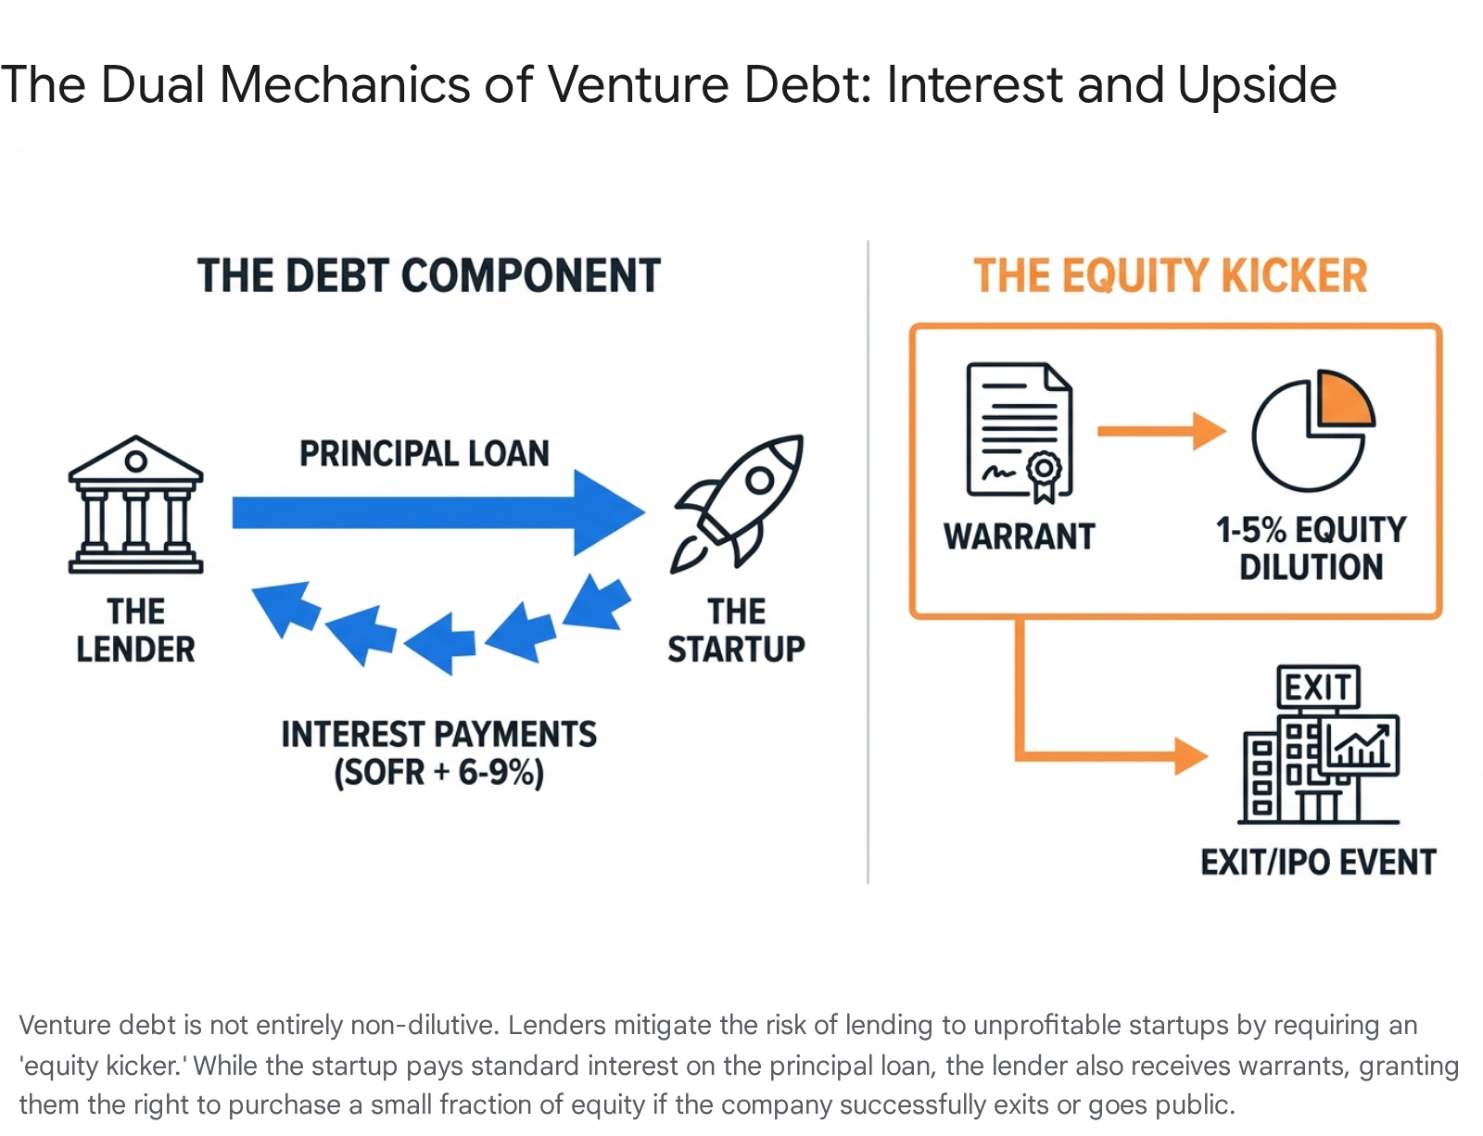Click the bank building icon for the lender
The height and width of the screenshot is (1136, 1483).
click(x=136, y=504)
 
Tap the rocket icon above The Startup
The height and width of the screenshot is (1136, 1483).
click(x=737, y=504)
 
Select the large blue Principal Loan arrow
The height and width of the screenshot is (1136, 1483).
click(x=438, y=512)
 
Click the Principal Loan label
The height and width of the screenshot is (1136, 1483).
click(x=425, y=454)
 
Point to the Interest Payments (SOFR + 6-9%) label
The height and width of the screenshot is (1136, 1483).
click(x=438, y=753)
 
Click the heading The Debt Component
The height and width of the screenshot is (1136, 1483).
click(x=429, y=275)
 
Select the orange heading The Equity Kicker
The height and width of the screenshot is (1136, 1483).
click(x=1171, y=275)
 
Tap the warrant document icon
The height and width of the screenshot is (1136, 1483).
click(x=1020, y=433)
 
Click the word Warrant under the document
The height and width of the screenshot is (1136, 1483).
click(x=1020, y=536)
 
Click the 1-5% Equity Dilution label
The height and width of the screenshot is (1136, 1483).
click(x=1311, y=548)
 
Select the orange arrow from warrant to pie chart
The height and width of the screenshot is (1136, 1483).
click(x=1161, y=431)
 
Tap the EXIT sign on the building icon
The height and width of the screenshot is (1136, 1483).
click(x=1318, y=687)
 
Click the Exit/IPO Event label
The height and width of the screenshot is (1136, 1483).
click(x=1318, y=862)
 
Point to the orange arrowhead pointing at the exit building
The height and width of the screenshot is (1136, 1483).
click(x=1191, y=756)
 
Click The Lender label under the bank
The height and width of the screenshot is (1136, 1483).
click(x=136, y=630)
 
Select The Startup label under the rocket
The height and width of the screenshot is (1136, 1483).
click(x=736, y=630)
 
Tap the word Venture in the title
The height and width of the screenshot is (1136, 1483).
click(x=638, y=84)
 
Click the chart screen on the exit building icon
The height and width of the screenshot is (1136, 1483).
click(x=1361, y=745)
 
